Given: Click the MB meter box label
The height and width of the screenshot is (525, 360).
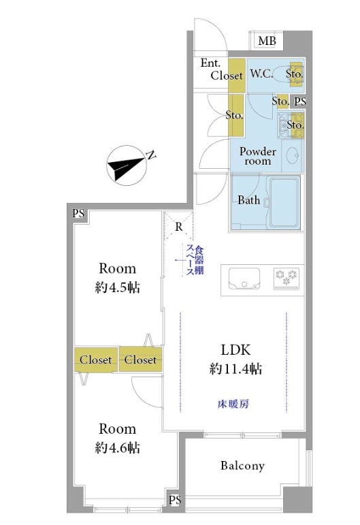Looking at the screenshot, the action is coord(267,41).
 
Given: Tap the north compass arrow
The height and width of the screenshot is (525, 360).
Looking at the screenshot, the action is coord(127,165).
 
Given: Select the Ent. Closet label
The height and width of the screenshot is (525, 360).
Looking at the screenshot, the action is coord(221,69).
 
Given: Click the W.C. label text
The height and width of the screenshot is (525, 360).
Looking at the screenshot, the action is coord(261,74).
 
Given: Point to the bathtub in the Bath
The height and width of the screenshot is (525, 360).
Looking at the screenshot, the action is coord(284,202).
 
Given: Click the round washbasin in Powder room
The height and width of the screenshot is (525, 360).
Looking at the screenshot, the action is coord(293,155).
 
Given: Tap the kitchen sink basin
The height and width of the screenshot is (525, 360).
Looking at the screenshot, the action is coord(244,279).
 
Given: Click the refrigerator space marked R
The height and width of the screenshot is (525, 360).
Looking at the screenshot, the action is coord(179,226).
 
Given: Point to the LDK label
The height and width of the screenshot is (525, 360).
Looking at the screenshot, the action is coord(235,350).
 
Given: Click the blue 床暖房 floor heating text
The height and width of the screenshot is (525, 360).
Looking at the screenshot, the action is coord(233,404).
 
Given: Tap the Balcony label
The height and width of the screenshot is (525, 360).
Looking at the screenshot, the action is coord(242,465).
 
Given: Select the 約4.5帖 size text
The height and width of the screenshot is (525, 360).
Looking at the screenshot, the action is coord(117,287).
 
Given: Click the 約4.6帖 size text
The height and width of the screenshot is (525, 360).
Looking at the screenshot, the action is coord(117,447).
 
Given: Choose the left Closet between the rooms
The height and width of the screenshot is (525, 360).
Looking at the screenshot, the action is coord(96,360).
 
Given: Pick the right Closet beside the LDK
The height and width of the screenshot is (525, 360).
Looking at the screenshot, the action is coord(140,360).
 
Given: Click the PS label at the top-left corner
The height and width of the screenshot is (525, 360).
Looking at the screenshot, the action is coord(78,214).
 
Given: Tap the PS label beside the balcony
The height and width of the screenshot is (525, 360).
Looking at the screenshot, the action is coord(175,500).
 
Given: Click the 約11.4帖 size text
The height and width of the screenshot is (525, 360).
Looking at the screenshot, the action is coord(235,368).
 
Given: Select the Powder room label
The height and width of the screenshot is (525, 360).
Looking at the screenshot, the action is coord(258,156).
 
